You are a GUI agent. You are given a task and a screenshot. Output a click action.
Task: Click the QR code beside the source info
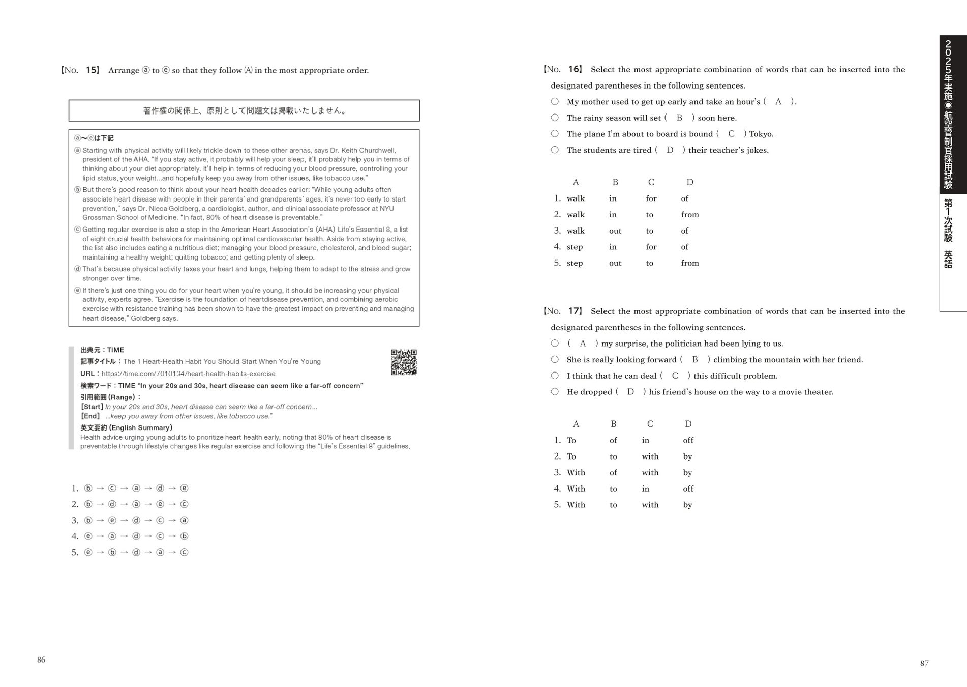coord(404,362)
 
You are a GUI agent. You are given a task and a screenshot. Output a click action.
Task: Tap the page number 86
coord(41,660)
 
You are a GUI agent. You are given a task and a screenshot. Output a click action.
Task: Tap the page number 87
coord(924,663)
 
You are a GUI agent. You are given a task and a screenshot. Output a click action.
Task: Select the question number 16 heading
coord(563,69)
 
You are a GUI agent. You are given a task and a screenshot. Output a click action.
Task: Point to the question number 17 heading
coord(563,311)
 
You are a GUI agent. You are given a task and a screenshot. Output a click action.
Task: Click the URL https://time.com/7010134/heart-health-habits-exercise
coord(188,374)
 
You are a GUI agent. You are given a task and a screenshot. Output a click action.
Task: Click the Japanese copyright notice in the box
coord(244,110)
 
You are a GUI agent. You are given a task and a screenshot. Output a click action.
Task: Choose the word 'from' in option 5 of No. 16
coord(689,263)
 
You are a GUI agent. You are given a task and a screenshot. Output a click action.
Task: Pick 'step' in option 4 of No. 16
coord(575,247)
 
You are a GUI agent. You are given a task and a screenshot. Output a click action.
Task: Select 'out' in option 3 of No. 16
coord(615,231)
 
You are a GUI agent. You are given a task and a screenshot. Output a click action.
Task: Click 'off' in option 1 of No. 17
coord(688,440)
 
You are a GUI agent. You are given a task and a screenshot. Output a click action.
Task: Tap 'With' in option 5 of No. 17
coord(576,505)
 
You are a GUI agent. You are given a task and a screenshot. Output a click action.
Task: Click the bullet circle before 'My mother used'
coord(555,101)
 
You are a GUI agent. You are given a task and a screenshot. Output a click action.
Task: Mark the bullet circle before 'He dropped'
coord(555,391)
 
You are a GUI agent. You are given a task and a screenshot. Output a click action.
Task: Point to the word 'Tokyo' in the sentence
coord(760,134)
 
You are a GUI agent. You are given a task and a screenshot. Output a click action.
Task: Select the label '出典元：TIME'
coord(102,350)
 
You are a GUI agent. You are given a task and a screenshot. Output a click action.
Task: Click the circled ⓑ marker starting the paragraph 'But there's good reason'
coord(78,190)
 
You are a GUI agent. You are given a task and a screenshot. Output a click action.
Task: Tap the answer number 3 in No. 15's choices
coord(75,520)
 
